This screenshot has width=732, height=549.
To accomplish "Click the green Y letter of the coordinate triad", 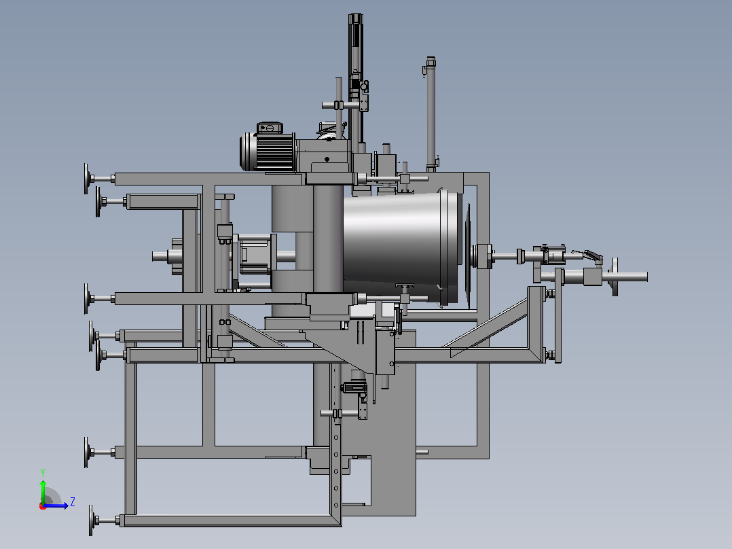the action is [43, 472].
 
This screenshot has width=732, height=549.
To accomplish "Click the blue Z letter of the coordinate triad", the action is [73, 502].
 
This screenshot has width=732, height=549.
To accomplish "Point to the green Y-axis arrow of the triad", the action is [43, 491].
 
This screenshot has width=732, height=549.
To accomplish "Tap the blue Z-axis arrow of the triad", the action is [56, 506].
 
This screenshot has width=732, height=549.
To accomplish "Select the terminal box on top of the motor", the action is [270, 127].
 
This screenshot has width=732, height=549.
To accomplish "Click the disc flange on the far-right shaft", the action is [615, 277].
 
